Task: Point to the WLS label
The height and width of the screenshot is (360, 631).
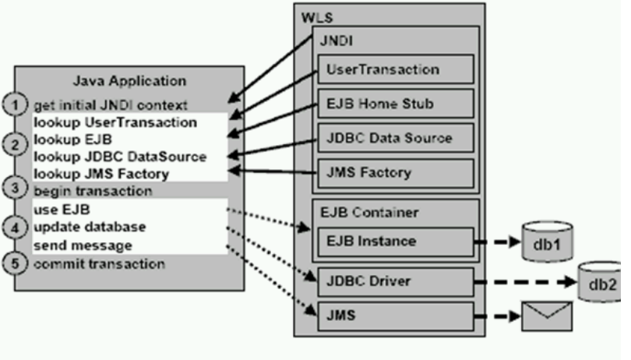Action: [x=313, y=16]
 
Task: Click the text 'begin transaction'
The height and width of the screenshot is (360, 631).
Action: [x=93, y=191]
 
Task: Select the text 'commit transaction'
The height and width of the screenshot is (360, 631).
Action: [x=99, y=263]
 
